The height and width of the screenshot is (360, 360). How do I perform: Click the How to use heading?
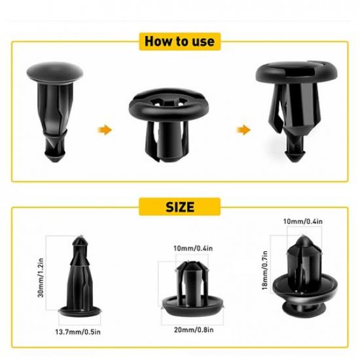179,41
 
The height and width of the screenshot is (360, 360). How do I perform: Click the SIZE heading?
179,207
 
